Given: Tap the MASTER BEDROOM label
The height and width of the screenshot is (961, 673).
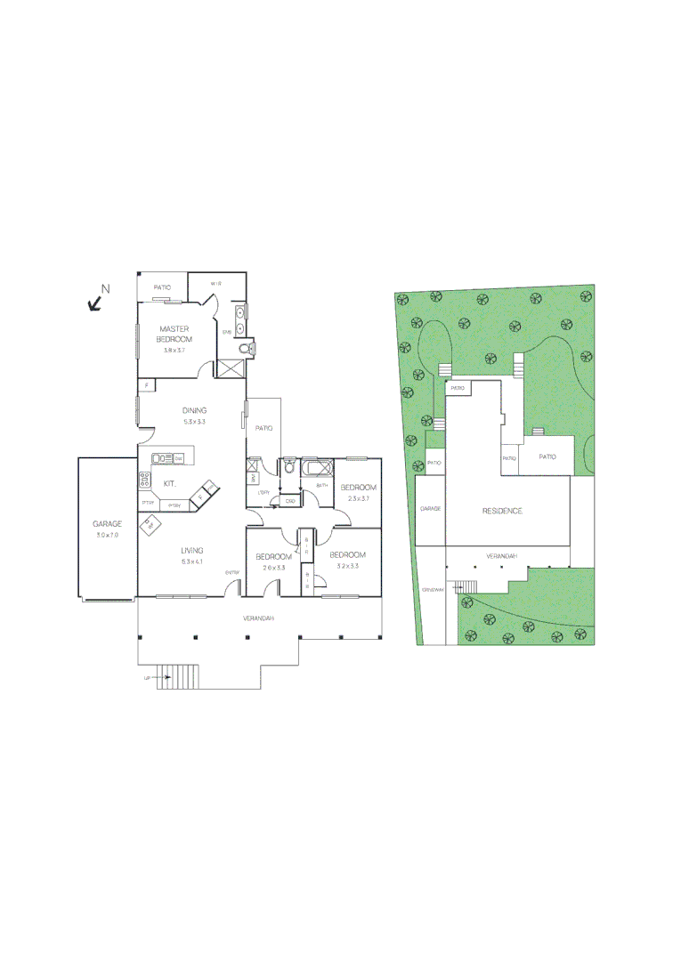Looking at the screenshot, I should pyautogui.click(x=174, y=334).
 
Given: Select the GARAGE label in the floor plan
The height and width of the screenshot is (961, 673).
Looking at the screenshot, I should pyautogui.click(x=107, y=524).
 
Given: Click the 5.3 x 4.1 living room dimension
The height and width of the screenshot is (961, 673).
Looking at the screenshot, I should pyautogui.click(x=192, y=561).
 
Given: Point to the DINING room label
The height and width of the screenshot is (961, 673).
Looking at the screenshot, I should pyautogui.click(x=194, y=410).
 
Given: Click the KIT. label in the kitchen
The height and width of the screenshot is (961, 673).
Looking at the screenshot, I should pyautogui.click(x=169, y=483).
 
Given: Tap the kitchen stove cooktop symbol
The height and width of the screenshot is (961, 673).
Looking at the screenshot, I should pyautogui.click(x=143, y=480).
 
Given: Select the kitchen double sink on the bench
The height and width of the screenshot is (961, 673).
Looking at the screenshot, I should pyautogui.click(x=163, y=458).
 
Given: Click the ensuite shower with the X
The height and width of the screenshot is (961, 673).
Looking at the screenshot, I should pyautogui.click(x=230, y=368).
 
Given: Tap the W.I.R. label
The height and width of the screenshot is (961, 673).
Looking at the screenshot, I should pyautogui.click(x=215, y=283).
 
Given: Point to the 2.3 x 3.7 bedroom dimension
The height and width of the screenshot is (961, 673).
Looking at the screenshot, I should pyautogui.click(x=358, y=498).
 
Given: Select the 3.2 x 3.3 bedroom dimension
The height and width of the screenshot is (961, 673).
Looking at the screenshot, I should pyautogui.click(x=347, y=566).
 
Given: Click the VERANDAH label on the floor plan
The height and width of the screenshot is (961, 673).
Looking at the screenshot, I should pyautogui.click(x=260, y=618).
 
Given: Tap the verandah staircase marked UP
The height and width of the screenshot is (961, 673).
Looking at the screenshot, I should pyautogui.click(x=178, y=677).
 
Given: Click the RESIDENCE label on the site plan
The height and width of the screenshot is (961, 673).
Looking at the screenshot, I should pyautogui.click(x=502, y=511).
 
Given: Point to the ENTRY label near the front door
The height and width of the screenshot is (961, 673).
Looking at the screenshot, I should pyautogui.click(x=232, y=572).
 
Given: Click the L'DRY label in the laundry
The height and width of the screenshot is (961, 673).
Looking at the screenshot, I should pyautogui.click(x=263, y=492).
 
